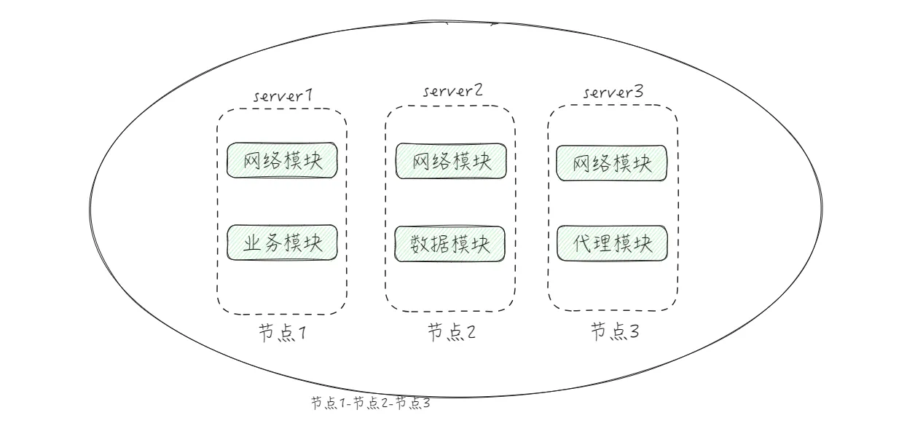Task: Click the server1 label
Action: (x=283, y=97)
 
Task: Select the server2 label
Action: (x=453, y=92)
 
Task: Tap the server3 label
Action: (x=613, y=93)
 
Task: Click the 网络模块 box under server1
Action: (x=282, y=160)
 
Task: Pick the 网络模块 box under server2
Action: (x=451, y=161)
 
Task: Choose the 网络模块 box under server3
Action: (x=611, y=163)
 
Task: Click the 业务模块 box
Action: (x=282, y=242)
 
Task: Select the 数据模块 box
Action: (x=451, y=244)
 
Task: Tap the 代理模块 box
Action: (x=612, y=244)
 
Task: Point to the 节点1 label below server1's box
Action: (x=280, y=333)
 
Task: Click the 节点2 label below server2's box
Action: (x=451, y=333)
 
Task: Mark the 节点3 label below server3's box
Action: (x=614, y=333)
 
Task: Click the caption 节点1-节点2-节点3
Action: (x=370, y=403)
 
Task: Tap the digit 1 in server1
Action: (x=308, y=97)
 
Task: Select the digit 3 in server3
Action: (x=638, y=93)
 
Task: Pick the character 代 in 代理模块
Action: (x=584, y=244)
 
